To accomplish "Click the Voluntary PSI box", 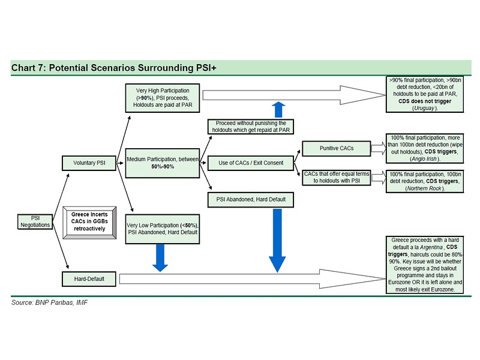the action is tap(89, 163).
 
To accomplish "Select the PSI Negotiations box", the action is tap(35, 221).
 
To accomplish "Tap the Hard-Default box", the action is tap(89, 279).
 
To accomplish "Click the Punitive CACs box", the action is tap(337, 148).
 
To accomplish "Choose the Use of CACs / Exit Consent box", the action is tap(251, 163).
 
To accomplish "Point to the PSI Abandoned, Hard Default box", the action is tap(251, 200).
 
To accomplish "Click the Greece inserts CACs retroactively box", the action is tap(89, 223).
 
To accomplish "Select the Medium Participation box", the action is tap(163, 163).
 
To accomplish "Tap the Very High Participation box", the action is tap(163, 98).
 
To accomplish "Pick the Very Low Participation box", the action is tap(163, 229).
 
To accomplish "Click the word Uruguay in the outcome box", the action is tap(424, 108).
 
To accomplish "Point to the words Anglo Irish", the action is tap(424, 159).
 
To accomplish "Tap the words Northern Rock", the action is tap(425, 188).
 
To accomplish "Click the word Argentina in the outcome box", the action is tap(431, 247).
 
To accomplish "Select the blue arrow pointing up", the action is tap(278, 110).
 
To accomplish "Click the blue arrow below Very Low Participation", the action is tap(160, 258).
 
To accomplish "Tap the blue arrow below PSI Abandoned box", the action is tap(277, 241).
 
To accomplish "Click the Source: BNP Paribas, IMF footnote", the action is tap(49, 303).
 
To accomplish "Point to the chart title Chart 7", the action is tap(114, 68).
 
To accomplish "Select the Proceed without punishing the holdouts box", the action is tap(251, 127).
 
